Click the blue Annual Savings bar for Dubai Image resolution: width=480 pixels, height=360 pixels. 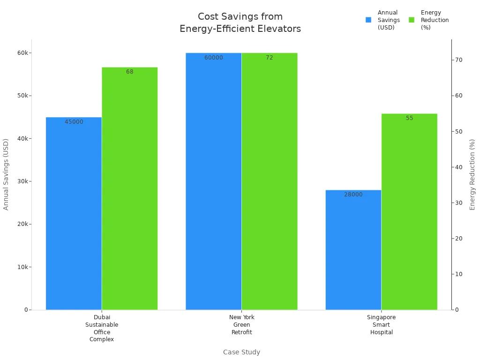tap(74, 213)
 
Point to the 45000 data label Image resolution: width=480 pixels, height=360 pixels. tap(74, 122)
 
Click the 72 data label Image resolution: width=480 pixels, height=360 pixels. tap(269, 58)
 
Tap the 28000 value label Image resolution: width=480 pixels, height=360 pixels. tap(353, 195)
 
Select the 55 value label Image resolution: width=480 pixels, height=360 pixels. tap(409, 118)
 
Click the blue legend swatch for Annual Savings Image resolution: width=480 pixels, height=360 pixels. tap(368, 20)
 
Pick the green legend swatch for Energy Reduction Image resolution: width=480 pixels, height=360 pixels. tap(412, 20)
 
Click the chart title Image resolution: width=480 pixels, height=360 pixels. tap(240, 22)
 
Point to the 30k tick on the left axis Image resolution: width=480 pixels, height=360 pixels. tap(22, 181)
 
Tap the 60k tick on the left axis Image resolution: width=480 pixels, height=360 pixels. tap(22, 53)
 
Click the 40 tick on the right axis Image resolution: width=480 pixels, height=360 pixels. tap(459, 167)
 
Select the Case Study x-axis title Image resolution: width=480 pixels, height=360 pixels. tap(241, 352)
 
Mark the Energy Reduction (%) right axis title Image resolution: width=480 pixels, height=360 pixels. tap(472, 174)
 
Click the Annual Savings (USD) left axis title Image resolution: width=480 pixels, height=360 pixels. tap(6, 174)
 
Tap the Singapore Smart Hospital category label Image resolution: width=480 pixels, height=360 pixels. tap(381, 325)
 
